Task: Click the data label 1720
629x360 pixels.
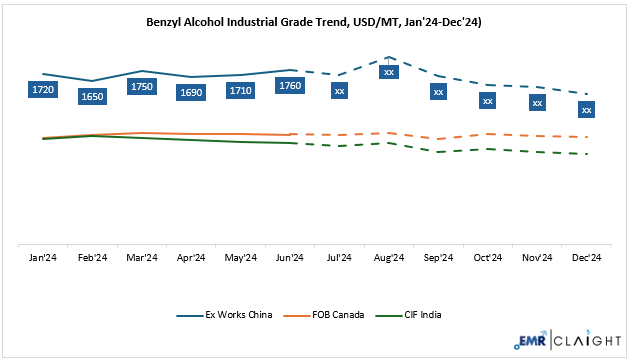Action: click(43, 91)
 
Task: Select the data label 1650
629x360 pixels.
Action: click(92, 97)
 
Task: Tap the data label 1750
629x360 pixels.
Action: click(142, 87)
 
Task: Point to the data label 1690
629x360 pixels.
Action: click(191, 93)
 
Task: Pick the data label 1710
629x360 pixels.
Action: click(241, 91)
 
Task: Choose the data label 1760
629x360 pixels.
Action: click(290, 86)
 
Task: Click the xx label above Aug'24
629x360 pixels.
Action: click(389, 72)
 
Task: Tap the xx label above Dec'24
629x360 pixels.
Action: click(586, 110)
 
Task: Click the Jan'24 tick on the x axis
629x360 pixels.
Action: click(43, 258)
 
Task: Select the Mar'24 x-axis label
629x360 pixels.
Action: click(142, 258)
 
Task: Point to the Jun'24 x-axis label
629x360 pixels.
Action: click(290, 258)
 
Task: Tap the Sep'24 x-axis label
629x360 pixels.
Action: click(438, 258)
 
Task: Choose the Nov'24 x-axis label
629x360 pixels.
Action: click(537, 258)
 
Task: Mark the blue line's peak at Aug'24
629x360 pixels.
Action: click(389, 58)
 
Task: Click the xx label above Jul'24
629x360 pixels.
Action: click(340, 91)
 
